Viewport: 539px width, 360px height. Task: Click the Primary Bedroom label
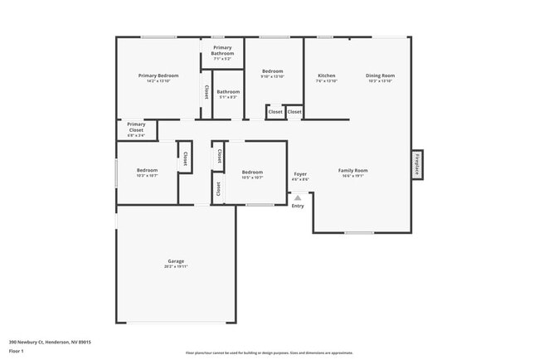158,75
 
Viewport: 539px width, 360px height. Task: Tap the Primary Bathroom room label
222,53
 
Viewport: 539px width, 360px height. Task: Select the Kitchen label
327,75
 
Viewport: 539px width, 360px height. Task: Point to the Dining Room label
380,75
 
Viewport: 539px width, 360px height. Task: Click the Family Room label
352,170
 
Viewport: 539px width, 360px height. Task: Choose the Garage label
175,261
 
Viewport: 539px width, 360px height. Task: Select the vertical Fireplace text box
417,164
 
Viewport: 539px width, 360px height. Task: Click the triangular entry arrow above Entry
298,197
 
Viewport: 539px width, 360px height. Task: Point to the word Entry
298,206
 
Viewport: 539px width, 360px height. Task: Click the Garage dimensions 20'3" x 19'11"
175,266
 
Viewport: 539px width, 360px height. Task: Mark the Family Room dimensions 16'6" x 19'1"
352,176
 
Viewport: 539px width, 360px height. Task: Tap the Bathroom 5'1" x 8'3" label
228,95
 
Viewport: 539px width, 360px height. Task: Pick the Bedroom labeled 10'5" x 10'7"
252,174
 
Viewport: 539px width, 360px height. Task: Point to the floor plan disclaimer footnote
269,353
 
